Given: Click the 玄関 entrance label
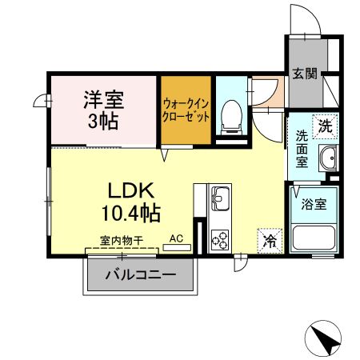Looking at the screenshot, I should pos(305,74).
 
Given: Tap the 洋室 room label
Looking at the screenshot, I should pos(103,102).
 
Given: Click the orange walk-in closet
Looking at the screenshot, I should pos(186,110).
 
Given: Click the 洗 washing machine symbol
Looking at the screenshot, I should pos(326,125).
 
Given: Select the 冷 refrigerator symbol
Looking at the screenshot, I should pos(269,239).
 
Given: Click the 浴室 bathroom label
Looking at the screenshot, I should pos(313,203).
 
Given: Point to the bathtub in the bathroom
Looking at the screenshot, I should pos(313,237).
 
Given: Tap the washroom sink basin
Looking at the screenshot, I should pos(327,158).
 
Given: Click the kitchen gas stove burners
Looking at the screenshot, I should pos(219,238).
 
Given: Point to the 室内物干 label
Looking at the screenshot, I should pos(122,239).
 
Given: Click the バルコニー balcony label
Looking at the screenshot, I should pos(140,277).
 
